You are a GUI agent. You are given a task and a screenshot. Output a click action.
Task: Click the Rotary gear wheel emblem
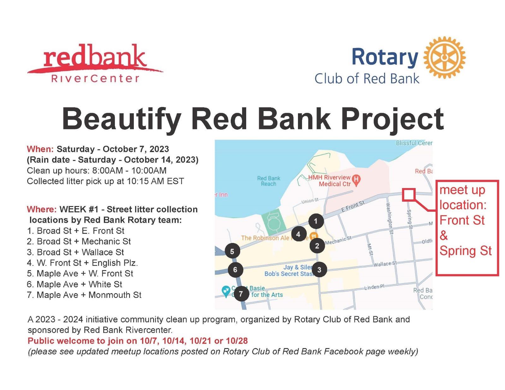[444, 57]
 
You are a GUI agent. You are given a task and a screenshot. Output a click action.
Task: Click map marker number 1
[316, 221]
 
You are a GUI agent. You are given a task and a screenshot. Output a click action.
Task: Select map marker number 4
[298, 234]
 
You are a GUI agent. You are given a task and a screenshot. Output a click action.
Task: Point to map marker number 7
[241, 294]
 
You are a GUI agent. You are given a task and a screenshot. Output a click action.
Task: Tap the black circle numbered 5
[232, 251]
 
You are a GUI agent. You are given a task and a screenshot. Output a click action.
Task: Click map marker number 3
[319, 270]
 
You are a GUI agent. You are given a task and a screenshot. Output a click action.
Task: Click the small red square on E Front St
[409, 195]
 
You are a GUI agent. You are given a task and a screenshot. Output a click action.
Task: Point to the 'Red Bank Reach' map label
[268, 181]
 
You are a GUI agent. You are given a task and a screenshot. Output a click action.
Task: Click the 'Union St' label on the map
[310, 200]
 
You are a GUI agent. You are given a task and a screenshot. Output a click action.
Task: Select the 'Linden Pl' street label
[374, 287]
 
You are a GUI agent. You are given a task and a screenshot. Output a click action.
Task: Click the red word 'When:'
[40, 149]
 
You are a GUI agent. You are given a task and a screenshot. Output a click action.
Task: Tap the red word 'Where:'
[42, 209]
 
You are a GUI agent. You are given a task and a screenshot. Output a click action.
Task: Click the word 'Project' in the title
[392, 119]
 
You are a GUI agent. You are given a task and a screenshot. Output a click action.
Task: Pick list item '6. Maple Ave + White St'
[74, 284]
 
